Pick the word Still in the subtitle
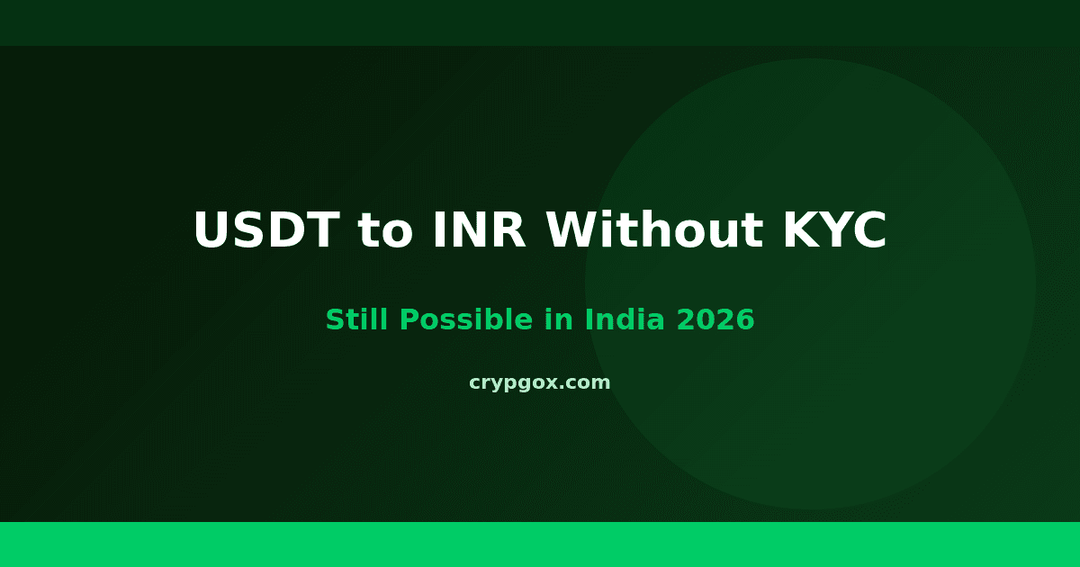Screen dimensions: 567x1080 click(x=355, y=319)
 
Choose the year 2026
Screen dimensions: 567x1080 click(x=717, y=319)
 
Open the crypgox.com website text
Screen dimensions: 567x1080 click(x=540, y=382)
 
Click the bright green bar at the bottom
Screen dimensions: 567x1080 click(x=540, y=544)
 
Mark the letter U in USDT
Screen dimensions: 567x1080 click(x=212, y=230)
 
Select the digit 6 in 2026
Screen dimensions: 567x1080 click(x=745, y=319)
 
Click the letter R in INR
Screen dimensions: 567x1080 click(x=510, y=230)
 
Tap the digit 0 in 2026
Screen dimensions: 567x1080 click(x=708, y=319)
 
